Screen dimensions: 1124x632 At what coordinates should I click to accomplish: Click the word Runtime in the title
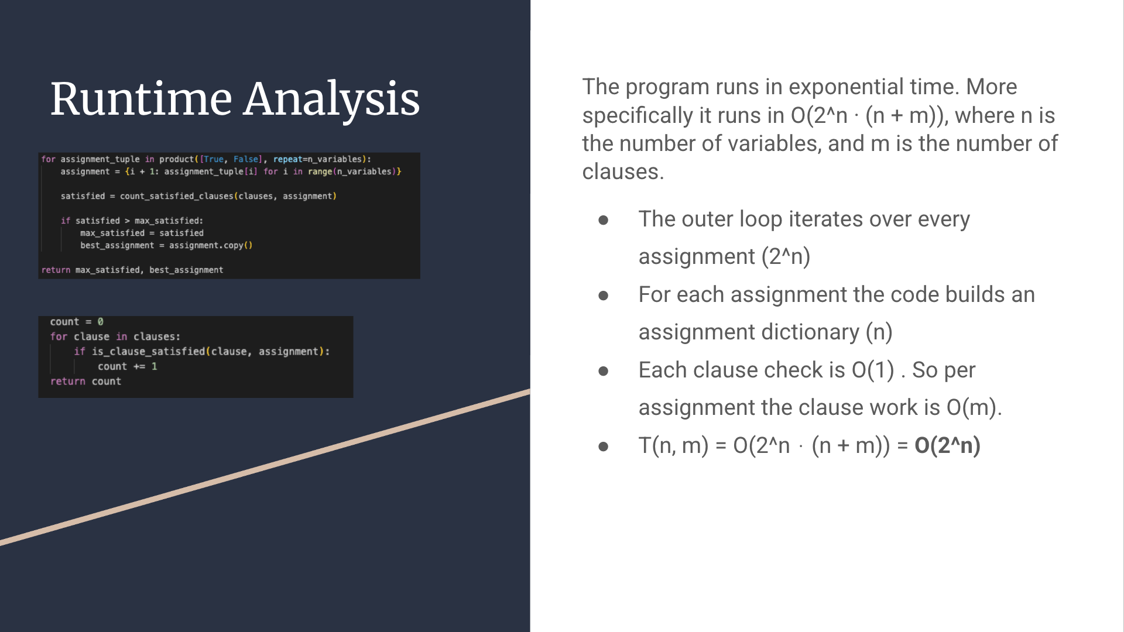pos(141,99)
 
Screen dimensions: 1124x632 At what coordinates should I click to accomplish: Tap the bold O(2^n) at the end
pos(947,446)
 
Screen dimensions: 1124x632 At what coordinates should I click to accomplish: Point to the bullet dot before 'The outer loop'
pos(604,220)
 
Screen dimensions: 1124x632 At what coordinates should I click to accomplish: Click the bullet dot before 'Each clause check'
pos(604,371)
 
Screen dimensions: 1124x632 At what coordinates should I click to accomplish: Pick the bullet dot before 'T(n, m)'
pos(604,447)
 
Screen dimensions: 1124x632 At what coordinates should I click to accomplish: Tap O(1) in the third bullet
pos(873,370)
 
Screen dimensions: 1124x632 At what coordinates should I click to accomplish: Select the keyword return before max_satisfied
pos(56,270)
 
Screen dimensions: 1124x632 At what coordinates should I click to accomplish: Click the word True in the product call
pos(214,159)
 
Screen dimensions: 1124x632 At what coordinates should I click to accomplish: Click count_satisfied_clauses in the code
pos(177,196)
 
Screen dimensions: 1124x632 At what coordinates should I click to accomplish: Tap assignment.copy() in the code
pos(211,245)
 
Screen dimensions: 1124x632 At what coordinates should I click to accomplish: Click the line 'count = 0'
pos(77,322)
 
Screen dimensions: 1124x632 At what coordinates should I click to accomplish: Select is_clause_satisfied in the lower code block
pos(148,352)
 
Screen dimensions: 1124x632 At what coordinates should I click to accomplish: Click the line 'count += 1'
pos(127,366)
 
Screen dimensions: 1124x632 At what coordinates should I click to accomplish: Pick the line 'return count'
pos(85,382)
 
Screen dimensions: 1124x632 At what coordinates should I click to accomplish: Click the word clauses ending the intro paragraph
pos(623,172)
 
